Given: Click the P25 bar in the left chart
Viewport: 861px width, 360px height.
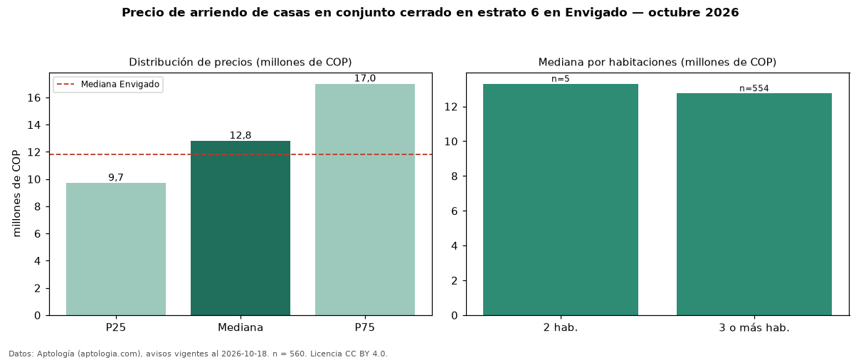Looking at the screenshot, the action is coord(116,249).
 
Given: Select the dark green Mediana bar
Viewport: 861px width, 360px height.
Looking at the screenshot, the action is coord(241,228).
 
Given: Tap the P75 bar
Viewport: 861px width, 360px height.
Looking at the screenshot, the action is coord(365,200).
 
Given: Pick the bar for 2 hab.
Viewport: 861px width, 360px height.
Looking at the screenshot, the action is coord(561,200).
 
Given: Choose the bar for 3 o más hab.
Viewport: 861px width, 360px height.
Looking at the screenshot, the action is coord(754,204).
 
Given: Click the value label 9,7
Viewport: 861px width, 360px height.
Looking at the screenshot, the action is coord(116,177).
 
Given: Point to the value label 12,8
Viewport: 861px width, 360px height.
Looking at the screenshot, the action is coord(241,135).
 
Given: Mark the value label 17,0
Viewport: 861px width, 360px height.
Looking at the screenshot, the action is coord(365,78).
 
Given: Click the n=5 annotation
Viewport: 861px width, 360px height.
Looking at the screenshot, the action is coord(561,79).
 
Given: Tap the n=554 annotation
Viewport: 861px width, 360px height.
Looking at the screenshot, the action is coord(754,88).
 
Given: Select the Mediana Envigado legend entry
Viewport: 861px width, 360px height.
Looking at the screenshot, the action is coord(108,85).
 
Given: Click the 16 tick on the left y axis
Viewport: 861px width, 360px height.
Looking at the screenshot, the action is coord(34,98).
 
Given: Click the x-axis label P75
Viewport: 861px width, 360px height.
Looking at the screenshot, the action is coord(365,328).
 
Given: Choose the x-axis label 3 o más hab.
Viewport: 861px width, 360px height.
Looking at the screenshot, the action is coord(754,328).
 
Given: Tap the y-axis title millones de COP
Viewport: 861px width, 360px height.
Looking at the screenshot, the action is coord(16,194).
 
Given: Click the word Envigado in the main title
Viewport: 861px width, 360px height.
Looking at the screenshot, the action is coord(596,13).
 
